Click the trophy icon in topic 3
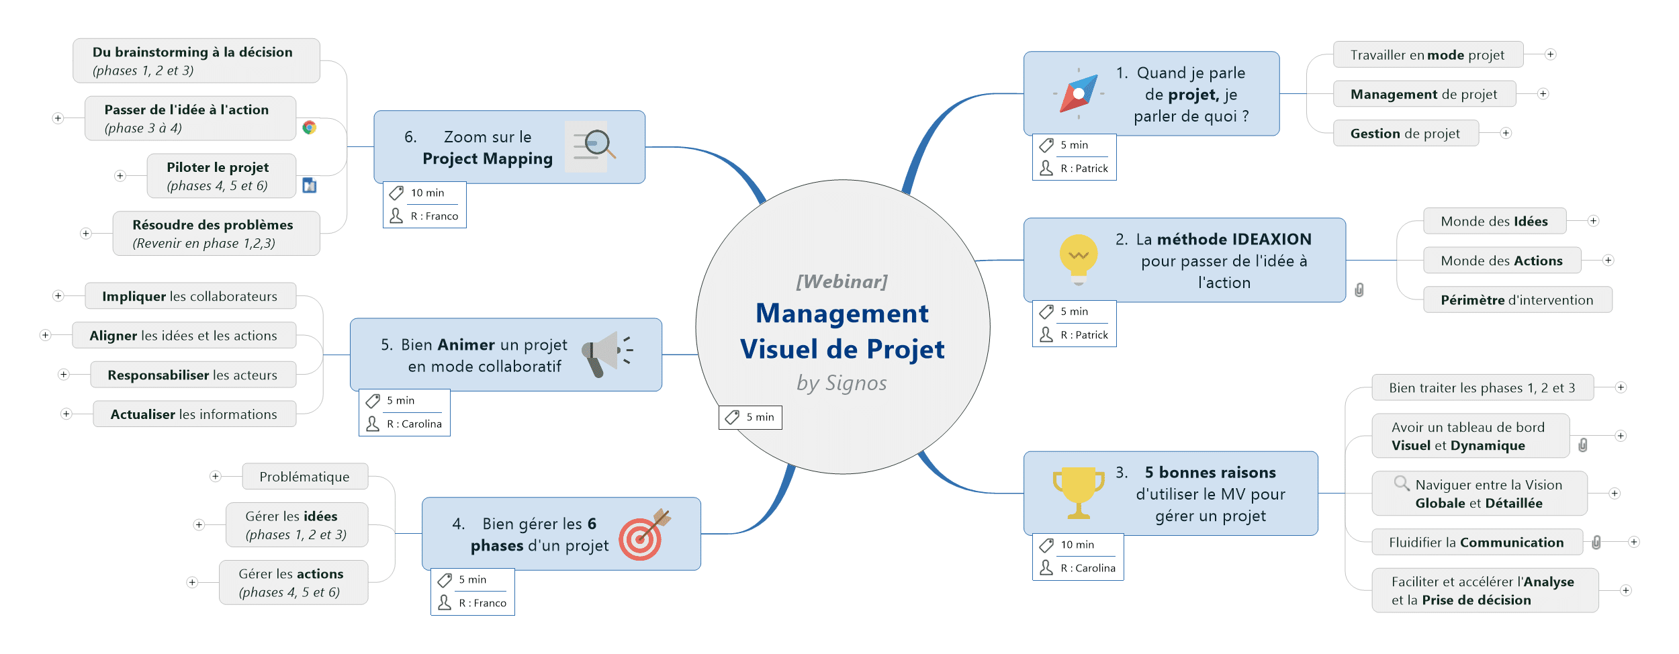pyautogui.click(x=1078, y=493)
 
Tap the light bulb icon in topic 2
pyautogui.click(x=1078, y=259)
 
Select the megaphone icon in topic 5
pyautogui.click(x=607, y=353)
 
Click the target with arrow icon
pyautogui.click(x=643, y=534)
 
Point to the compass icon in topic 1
pyautogui.click(x=1078, y=93)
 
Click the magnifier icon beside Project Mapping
pyautogui.click(x=594, y=145)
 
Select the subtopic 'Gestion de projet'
pyautogui.click(x=1405, y=134)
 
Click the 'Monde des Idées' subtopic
pyautogui.click(x=1494, y=222)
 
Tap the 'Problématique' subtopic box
pyautogui.click(x=304, y=477)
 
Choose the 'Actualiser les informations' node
pyautogui.click(x=193, y=414)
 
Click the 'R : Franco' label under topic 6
pyautogui.click(x=434, y=216)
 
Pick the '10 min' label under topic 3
pyautogui.click(x=1077, y=545)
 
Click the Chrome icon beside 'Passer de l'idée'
pyautogui.click(x=310, y=128)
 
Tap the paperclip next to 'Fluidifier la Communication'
pyautogui.click(x=1596, y=543)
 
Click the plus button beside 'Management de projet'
pyautogui.click(x=1543, y=94)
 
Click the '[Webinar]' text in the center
pyautogui.click(x=842, y=281)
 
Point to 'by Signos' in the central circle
pyautogui.click(x=842, y=383)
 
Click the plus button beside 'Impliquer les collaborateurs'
pyautogui.click(x=58, y=296)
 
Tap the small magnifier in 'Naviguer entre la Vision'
pyautogui.click(x=1401, y=483)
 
